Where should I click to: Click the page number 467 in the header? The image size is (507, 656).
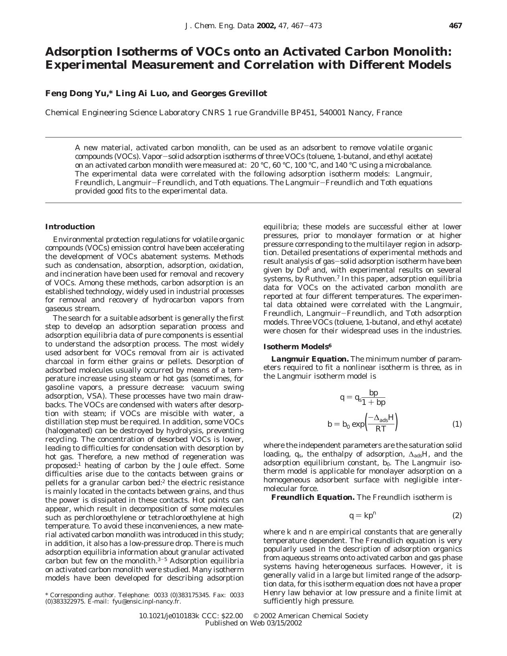point(455,26)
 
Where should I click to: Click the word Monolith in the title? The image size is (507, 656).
point(422,52)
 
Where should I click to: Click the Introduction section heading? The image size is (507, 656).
point(70,227)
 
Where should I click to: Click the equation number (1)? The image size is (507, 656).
point(457,424)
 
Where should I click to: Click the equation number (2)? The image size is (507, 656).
point(457,515)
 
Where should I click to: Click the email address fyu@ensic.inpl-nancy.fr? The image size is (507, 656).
point(146,601)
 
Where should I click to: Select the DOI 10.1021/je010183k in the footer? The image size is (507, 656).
point(169,616)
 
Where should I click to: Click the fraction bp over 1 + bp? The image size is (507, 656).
point(373,398)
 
